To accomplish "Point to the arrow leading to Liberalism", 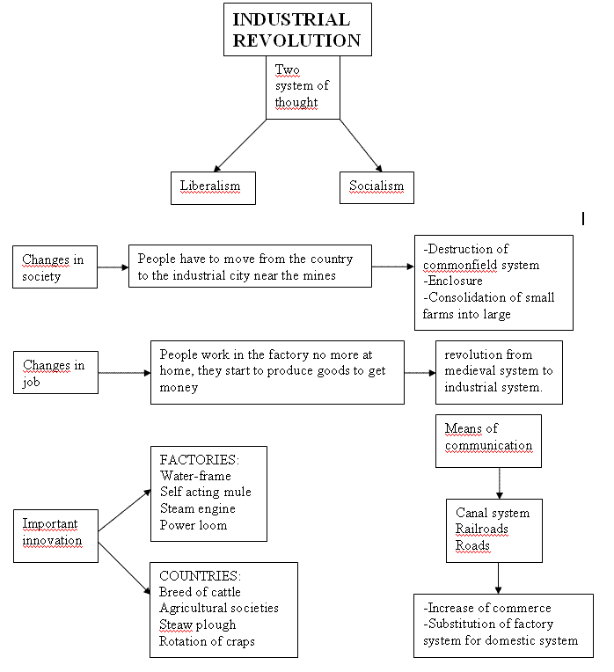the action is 240,145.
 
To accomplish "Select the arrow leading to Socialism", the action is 361,145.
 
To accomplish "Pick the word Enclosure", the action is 456,281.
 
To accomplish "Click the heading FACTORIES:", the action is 199,459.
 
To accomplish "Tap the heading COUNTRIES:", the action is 200,575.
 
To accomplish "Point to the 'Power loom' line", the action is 194,525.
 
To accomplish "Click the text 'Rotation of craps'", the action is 207,641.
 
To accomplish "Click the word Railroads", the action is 481,529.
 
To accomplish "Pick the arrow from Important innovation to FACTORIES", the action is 125,510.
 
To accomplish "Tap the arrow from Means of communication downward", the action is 499,483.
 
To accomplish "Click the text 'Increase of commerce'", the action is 490,608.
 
